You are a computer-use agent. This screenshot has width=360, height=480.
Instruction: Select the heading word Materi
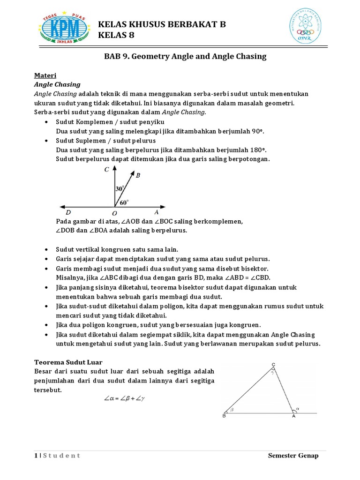[x=45, y=75]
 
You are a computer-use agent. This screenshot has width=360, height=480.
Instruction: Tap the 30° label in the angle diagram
[x=120, y=188]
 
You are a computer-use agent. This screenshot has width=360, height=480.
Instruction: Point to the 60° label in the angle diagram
[x=124, y=202]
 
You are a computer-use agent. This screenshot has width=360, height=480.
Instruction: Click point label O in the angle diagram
[x=114, y=213]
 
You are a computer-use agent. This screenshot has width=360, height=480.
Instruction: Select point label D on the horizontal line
[x=68, y=212]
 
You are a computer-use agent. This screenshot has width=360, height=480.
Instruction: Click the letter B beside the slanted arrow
[x=138, y=176]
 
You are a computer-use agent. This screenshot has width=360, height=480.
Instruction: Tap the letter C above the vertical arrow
[x=107, y=171]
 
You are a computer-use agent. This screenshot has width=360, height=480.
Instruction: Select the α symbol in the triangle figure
[x=297, y=408]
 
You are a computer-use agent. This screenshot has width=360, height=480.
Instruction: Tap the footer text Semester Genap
[x=293, y=456]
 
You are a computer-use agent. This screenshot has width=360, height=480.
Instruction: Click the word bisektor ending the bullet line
[x=254, y=269]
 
